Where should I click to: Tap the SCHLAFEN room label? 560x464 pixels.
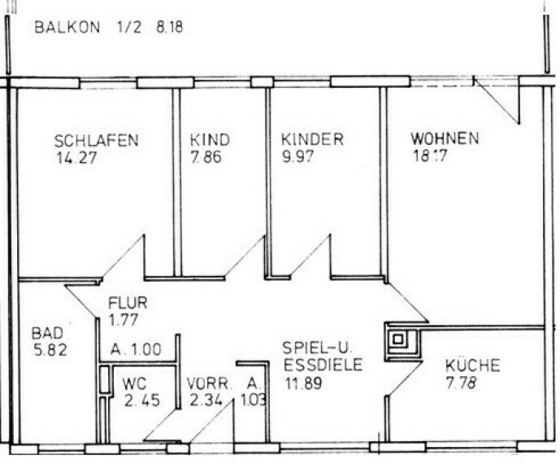(96, 139)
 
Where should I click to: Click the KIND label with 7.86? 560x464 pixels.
(211, 139)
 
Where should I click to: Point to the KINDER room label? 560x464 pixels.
(312, 139)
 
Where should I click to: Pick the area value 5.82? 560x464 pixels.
(50, 352)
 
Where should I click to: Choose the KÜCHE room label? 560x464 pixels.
(472, 365)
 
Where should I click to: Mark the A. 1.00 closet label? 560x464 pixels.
(136, 351)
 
